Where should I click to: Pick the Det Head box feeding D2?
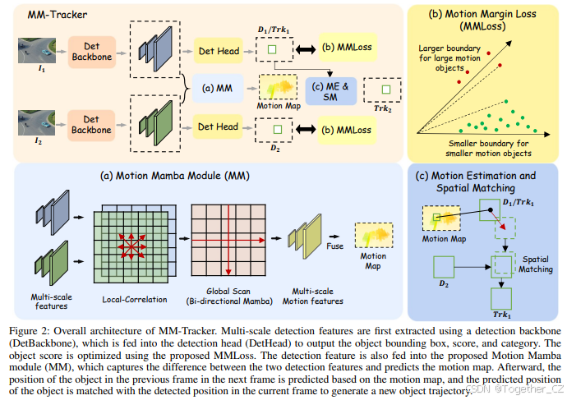[x=216, y=126]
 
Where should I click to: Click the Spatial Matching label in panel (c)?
[x=537, y=263]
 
